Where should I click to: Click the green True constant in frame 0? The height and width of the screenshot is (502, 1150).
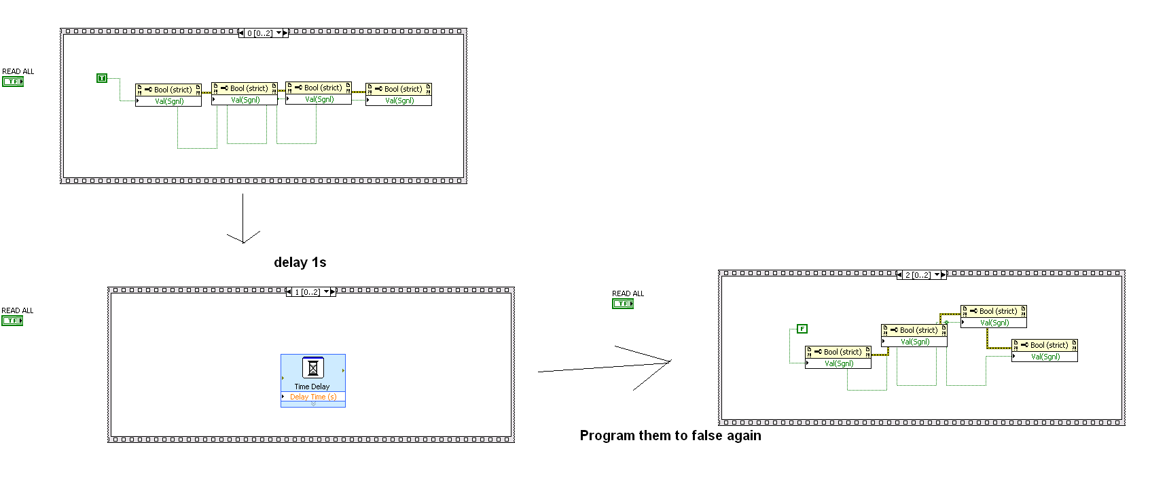point(102,78)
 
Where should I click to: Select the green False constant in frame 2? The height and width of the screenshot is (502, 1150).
point(802,329)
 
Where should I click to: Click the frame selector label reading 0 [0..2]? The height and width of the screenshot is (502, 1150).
point(259,33)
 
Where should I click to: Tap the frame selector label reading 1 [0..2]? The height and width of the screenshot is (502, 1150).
point(307,292)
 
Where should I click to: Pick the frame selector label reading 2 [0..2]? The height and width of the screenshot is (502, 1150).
point(918,275)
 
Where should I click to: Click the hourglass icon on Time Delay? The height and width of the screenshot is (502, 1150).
point(312,368)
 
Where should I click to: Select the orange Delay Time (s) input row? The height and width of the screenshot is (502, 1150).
point(313,397)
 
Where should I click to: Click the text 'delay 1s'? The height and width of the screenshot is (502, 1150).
point(300,262)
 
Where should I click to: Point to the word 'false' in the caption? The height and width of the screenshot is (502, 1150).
point(706,435)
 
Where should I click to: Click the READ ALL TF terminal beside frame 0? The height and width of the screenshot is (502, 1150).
point(13,82)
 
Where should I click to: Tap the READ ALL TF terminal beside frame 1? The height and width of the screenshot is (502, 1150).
point(12,321)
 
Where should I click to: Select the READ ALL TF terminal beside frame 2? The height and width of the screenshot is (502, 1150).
point(623,304)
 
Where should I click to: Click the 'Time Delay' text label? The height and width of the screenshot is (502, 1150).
point(312,387)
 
